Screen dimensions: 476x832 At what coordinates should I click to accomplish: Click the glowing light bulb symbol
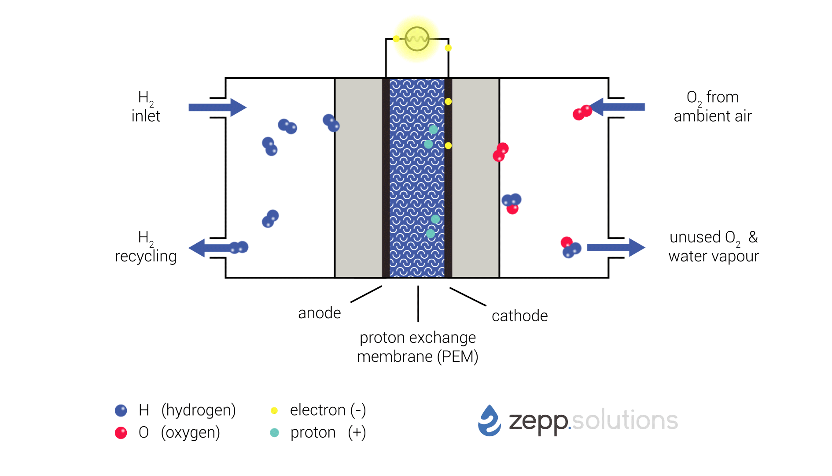[416, 39]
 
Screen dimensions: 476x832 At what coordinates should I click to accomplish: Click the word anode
[319, 313]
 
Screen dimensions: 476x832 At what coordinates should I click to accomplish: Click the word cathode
[519, 316]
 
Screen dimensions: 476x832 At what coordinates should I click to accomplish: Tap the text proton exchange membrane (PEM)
[417, 347]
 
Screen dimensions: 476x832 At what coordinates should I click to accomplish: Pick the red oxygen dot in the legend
[121, 433]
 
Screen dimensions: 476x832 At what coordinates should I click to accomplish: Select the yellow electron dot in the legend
[274, 411]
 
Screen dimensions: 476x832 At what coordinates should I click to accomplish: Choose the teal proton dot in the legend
[274, 433]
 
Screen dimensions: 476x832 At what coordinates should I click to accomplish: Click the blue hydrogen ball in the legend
[121, 410]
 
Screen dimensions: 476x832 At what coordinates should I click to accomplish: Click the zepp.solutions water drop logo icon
[490, 421]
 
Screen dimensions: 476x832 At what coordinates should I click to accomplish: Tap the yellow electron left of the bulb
[396, 39]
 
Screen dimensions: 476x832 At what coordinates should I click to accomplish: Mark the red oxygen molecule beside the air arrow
[582, 112]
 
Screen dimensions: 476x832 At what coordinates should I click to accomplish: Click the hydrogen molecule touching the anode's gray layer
[331, 123]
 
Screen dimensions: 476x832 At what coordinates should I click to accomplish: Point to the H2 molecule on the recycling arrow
[239, 247]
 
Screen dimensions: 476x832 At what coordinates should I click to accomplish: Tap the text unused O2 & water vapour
[713, 246]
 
